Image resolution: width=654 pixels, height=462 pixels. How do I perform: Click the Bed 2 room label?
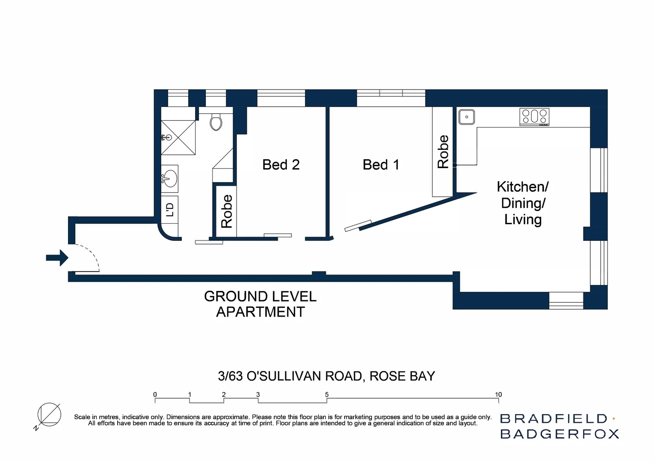281,165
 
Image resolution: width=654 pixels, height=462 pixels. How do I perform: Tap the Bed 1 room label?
381,165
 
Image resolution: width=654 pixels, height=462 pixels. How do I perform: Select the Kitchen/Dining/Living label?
522,203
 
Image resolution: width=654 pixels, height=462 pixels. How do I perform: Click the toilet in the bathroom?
216,122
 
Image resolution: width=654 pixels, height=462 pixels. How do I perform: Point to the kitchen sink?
466,117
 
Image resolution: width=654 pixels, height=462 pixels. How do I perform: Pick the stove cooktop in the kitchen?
534,116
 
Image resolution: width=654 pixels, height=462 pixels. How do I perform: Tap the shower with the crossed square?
178,138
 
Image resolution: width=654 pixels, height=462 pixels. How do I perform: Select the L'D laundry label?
170,209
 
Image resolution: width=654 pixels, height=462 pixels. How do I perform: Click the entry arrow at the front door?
57,258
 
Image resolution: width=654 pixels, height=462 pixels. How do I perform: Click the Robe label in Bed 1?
443,151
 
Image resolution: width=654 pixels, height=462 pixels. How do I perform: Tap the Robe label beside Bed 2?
226,211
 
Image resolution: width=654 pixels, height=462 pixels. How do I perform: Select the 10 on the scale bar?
498,394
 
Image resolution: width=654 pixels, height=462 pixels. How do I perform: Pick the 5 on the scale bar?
327,394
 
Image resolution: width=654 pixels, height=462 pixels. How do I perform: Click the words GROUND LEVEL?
260,296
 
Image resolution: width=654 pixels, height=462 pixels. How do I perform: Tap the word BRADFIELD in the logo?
553,418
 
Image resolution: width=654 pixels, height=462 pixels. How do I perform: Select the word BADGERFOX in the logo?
559,434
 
